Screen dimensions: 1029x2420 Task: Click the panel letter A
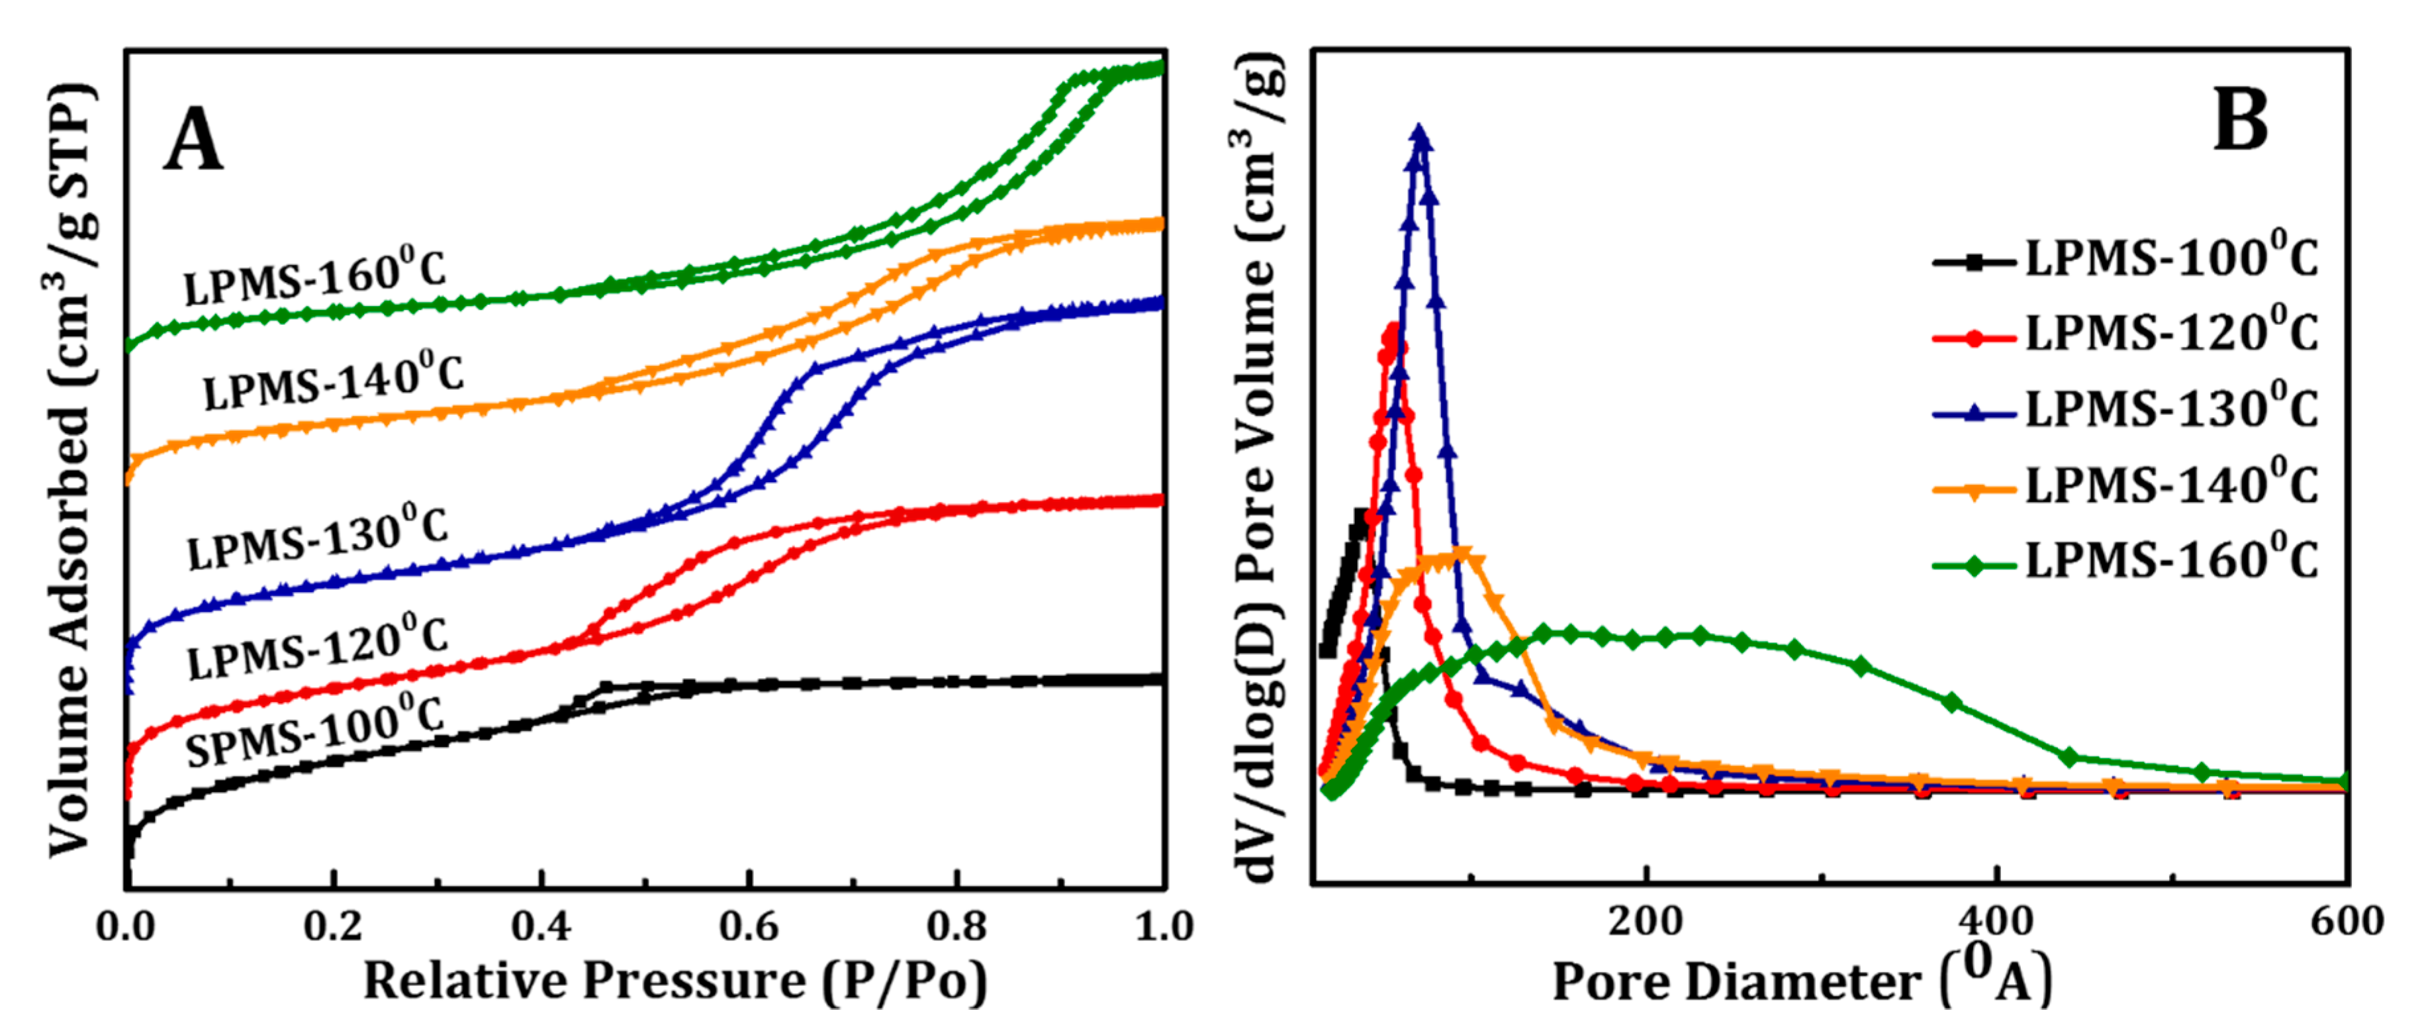point(193,140)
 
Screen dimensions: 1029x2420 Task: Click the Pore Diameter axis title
point(1801,981)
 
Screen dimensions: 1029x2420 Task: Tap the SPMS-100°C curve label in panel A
point(314,733)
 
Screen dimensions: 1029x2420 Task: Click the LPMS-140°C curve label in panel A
point(334,381)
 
